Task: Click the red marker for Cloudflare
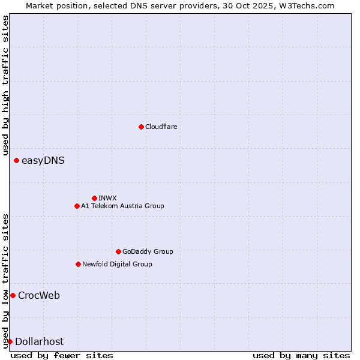[141, 127]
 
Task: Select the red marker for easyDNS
[16, 160]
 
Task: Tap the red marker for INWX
[94, 198]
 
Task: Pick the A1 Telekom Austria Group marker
[77, 206]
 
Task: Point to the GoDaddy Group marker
[118, 251]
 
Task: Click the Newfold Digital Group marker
[78, 264]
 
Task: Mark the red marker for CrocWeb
[13, 295]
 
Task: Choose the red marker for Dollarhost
[10, 341]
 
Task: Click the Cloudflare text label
[161, 127]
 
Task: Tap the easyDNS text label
[43, 160]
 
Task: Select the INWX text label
[107, 198]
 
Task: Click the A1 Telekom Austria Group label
[122, 206]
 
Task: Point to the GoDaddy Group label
[148, 251]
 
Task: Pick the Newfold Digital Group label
[117, 264]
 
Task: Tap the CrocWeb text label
[39, 295]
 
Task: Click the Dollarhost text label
[39, 341]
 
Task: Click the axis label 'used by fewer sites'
[62, 355]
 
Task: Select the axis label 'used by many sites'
[301, 355]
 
